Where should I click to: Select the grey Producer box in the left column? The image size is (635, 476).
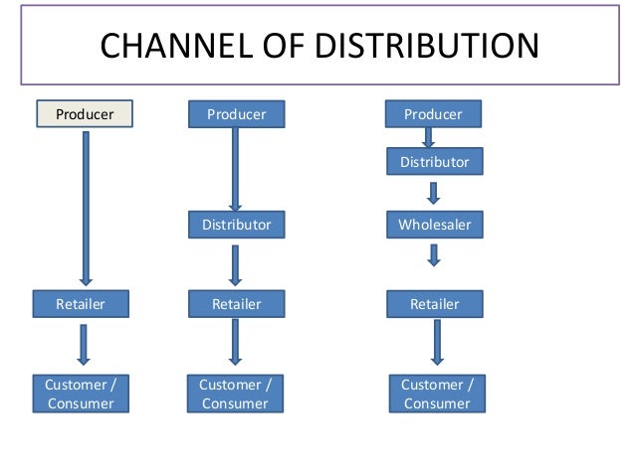[85, 114]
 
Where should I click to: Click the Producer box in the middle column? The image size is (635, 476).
[236, 114]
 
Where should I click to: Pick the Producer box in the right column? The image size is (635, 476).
[433, 114]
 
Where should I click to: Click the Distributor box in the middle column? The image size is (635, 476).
[236, 225]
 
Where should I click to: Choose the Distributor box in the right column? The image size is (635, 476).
[434, 161]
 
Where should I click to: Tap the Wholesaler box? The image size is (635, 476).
[434, 225]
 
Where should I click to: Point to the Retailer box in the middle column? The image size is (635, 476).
[236, 304]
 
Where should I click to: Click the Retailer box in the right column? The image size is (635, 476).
[434, 304]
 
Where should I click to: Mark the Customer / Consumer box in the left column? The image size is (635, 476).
[81, 394]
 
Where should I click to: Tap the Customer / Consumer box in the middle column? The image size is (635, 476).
[235, 394]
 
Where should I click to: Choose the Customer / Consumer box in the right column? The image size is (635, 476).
[436, 394]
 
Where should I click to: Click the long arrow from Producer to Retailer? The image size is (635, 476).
[85, 209]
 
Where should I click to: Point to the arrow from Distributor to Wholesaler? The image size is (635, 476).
[434, 192]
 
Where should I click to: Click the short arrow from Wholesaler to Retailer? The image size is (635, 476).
[434, 256]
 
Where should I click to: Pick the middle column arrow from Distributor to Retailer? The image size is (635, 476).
[236, 264]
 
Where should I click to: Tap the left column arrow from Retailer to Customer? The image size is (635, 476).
[84, 344]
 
